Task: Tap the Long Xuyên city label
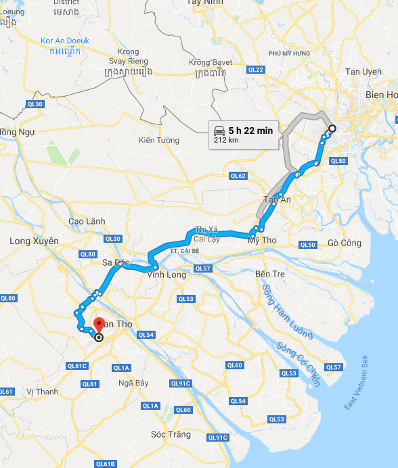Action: [x=34, y=241]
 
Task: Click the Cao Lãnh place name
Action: [x=87, y=221]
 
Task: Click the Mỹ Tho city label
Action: [x=262, y=241]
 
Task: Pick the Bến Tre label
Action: [x=271, y=274]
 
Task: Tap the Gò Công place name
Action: [x=344, y=243]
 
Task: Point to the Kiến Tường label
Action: [x=159, y=140]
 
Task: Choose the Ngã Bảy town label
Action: [x=133, y=383]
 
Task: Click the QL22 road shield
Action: [x=256, y=70]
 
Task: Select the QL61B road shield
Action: [x=105, y=464]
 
